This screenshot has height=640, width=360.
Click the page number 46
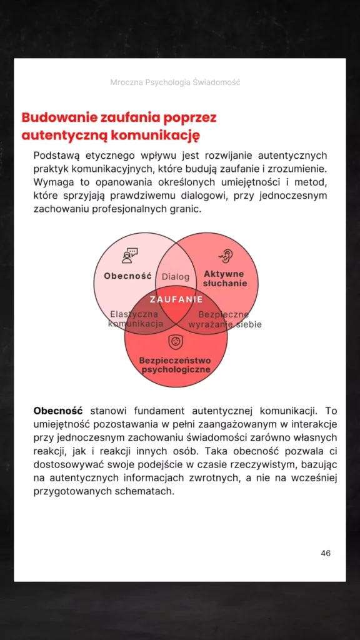[326, 553]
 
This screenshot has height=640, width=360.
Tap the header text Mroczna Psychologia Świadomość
[175, 82]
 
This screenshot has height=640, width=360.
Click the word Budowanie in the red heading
[57, 117]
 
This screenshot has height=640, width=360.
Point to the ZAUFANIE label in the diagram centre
[176, 299]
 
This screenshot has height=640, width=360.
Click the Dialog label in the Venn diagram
[175, 277]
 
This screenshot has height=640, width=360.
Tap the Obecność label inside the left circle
[128, 276]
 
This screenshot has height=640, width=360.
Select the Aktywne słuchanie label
[224, 279]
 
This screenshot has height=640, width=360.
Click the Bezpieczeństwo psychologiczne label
[175, 365]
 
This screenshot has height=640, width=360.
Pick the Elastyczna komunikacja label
[135, 319]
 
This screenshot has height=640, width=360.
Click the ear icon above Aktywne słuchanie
[225, 256]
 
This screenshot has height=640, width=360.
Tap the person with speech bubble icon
[129, 256]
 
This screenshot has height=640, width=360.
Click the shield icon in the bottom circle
[176, 342]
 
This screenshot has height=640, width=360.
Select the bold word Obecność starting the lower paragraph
[58, 411]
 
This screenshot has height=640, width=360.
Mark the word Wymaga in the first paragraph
[52, 182]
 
